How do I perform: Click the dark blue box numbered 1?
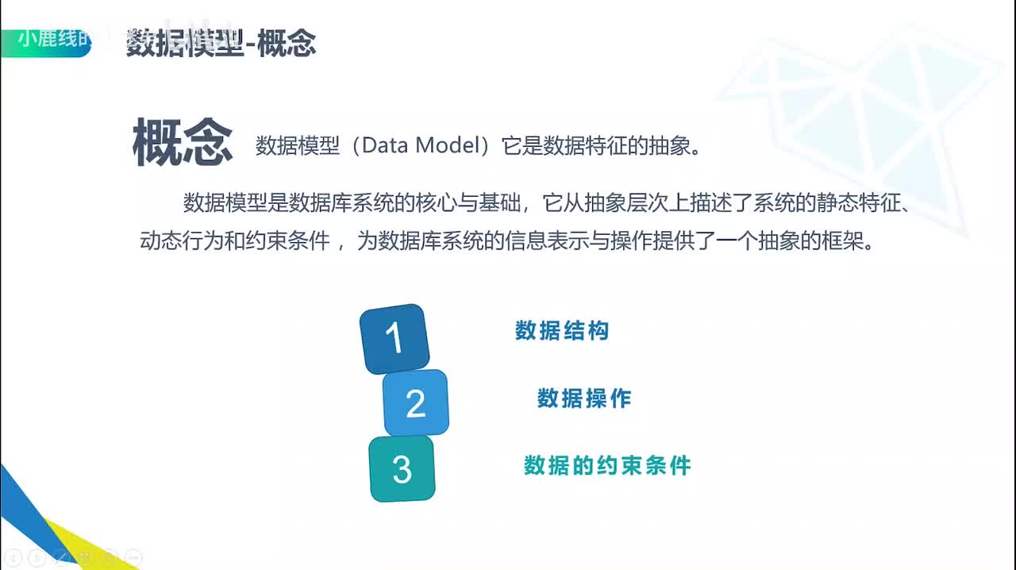click(394, 339)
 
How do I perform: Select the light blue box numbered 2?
click(416, 403)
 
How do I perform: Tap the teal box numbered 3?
click(402, 469)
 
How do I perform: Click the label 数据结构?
click(562, 331)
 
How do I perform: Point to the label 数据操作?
click(584, 399)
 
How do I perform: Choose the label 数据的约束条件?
click(607, 465)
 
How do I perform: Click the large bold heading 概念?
click(183, 142)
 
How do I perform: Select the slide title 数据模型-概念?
click(221, 44)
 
